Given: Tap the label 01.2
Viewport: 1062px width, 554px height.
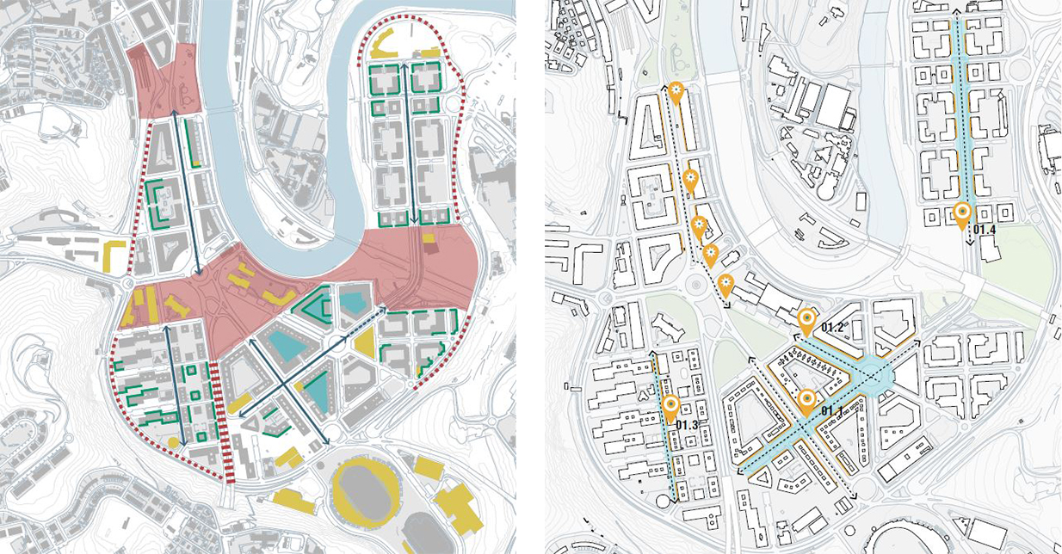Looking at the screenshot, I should (x=833, y=328).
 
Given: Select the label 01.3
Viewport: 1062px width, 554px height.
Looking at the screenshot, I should (x=686, y=425).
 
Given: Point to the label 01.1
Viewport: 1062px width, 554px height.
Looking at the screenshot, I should (x=831, y=410).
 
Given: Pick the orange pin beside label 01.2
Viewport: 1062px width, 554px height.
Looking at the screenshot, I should (x=806, y=320).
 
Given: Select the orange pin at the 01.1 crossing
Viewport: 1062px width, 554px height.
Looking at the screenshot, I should (x=806, y=400).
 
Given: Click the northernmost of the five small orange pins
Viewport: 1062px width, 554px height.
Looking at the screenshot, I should (x=676, y=90).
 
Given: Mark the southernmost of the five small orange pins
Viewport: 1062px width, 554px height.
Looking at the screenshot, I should (x=725, y=283).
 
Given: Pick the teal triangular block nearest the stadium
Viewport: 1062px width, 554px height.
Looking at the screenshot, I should (x=316, y=393).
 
